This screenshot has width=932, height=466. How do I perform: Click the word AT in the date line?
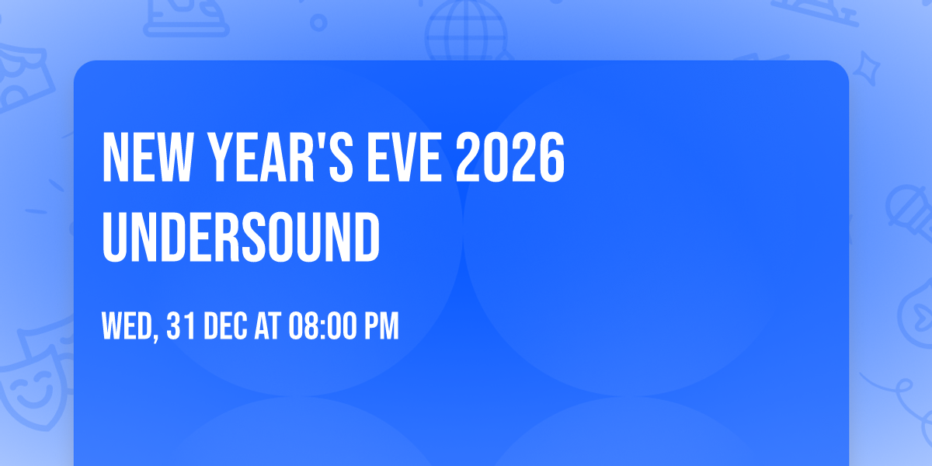[268, 327]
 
